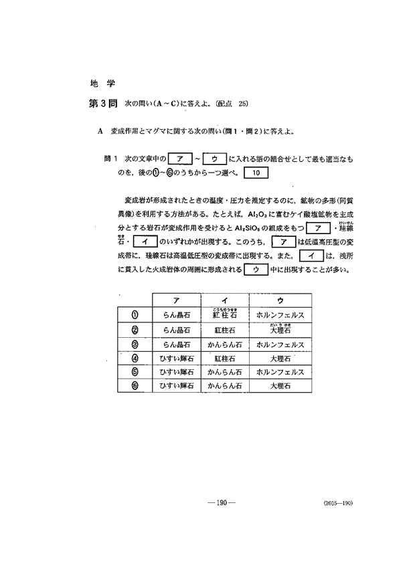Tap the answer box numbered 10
(x=257, y=173)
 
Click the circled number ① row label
(x=135, y=314)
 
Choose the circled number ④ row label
(x=135, y=358)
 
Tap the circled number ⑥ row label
(x=135, y=387)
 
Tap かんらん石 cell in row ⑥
(x=224, y=387)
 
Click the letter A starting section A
(x=100, y=131)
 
